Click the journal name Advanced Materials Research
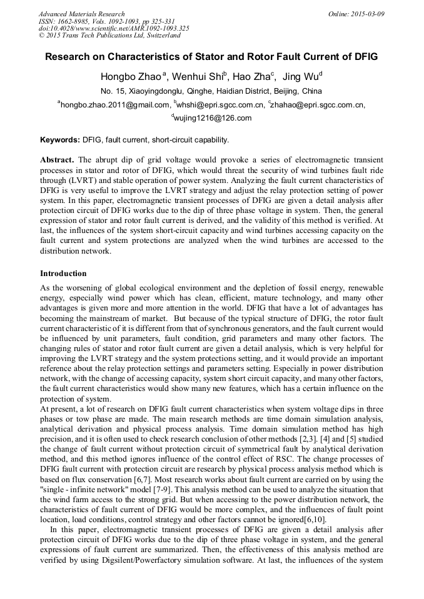click(81, 14)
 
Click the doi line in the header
click(114, 29)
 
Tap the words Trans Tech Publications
click(100, 36)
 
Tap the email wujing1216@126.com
click(213, 118)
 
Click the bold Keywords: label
click(60, 140)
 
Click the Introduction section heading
click(63, 274)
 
